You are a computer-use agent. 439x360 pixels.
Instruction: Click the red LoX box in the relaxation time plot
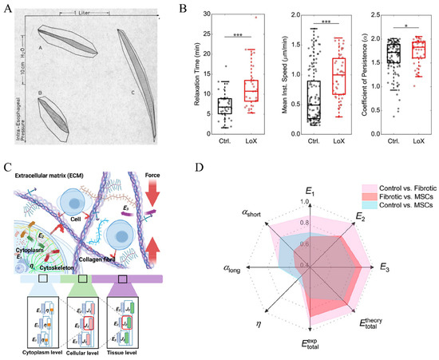254,89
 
